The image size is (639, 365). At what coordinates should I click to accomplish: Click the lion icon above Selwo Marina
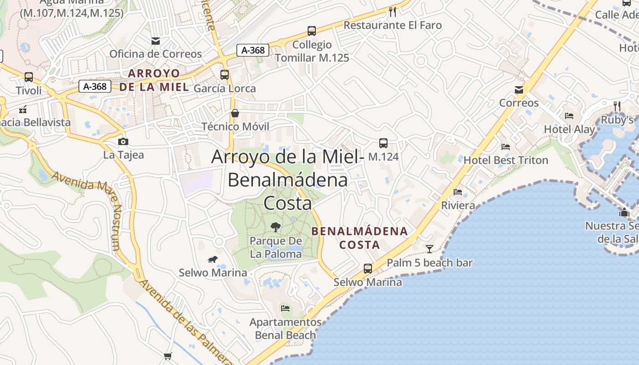213,260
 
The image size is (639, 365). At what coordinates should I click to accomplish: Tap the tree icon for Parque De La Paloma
275,227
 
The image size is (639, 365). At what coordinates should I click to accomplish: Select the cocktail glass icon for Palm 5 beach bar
429,249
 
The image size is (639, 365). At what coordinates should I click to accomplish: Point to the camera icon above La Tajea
123,141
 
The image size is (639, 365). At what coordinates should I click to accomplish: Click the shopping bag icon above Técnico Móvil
235,113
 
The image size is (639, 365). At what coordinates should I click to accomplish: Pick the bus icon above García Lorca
225,75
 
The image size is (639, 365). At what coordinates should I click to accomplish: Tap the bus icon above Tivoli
29,77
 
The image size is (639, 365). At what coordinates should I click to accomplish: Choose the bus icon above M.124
383,143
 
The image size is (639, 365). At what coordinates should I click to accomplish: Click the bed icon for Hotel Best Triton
506,147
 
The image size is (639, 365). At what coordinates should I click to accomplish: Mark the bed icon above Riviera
458,192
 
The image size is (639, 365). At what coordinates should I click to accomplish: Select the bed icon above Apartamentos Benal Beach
285,308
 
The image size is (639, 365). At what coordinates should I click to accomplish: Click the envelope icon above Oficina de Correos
156,41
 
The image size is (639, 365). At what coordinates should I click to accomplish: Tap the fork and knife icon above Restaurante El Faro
392,11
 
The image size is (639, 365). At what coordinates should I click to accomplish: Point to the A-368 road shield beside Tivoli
95,86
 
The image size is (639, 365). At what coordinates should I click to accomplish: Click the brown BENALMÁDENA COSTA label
360,238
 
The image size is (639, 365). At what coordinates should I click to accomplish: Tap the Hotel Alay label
569,130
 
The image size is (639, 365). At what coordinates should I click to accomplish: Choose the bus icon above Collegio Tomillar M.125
312,31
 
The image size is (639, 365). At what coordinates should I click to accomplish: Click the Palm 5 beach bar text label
429,263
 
